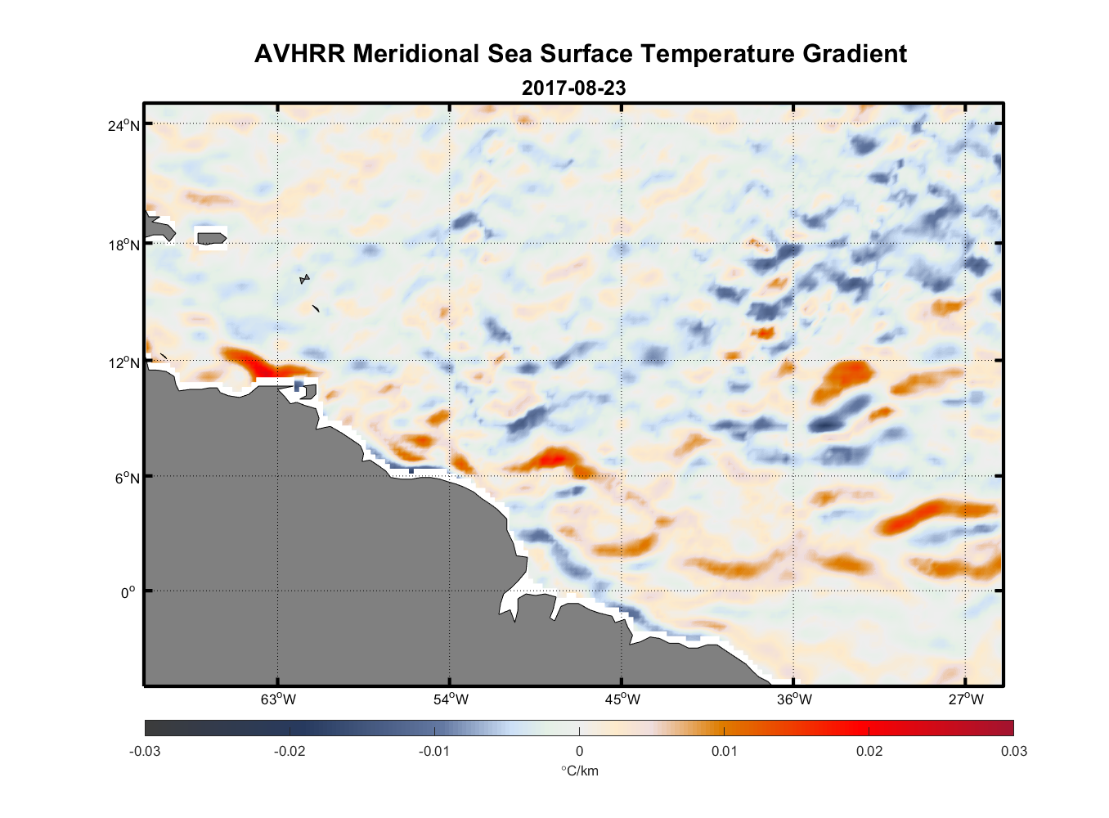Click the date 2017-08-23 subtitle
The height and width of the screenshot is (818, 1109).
point(573,88)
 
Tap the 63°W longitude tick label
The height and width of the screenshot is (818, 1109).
point(278,699)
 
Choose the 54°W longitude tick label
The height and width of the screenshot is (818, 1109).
point(451,699)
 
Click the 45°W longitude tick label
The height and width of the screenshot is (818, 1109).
point(622,699)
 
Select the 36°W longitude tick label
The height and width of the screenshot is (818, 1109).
point(794,699)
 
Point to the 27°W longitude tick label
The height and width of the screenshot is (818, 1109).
point(966,699)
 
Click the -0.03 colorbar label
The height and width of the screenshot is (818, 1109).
point(145,751)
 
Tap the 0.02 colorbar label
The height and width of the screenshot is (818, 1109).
point(869,751)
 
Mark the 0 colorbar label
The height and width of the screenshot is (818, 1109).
point(579,751)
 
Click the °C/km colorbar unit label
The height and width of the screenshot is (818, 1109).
point(579,771)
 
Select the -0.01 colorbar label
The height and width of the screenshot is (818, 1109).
point(434,751)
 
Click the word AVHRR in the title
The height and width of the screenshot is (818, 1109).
point(299,54)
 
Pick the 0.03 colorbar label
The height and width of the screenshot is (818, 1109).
point(1014,751)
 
